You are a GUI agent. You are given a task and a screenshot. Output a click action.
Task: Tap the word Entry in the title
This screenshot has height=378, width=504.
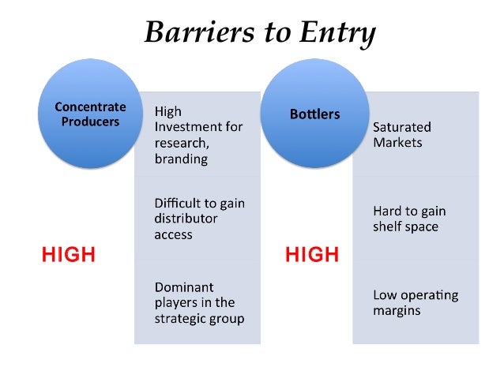[336, 32]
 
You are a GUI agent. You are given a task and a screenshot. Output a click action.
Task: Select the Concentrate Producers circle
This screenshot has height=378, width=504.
[90, 114]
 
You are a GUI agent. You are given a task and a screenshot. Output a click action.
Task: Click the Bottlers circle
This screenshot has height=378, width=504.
[314, 114]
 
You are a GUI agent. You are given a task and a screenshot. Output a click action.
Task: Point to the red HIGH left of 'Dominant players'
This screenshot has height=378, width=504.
[69, 255]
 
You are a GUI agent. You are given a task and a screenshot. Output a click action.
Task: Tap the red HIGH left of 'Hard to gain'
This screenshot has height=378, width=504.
[312, 255]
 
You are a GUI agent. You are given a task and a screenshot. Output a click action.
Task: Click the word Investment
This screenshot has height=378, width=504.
[198, 126]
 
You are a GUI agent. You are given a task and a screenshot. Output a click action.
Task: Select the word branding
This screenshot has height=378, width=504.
[181, 159]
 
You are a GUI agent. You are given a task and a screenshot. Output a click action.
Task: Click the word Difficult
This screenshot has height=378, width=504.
[179, 203]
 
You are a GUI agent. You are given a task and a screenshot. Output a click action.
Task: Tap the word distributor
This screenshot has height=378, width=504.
[186, 219]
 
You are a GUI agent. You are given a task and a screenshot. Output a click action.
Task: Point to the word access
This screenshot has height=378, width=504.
[174, 234]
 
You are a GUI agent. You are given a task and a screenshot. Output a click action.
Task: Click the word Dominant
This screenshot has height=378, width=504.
[183, 287]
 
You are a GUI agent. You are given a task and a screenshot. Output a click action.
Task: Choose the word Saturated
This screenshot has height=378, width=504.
[402, 126]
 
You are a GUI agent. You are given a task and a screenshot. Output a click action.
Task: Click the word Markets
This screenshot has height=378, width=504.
[397, 143]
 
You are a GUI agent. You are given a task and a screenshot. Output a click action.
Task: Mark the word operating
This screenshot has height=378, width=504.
[430, 295]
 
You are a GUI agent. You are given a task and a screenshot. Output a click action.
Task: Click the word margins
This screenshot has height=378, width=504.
[397, 311]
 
